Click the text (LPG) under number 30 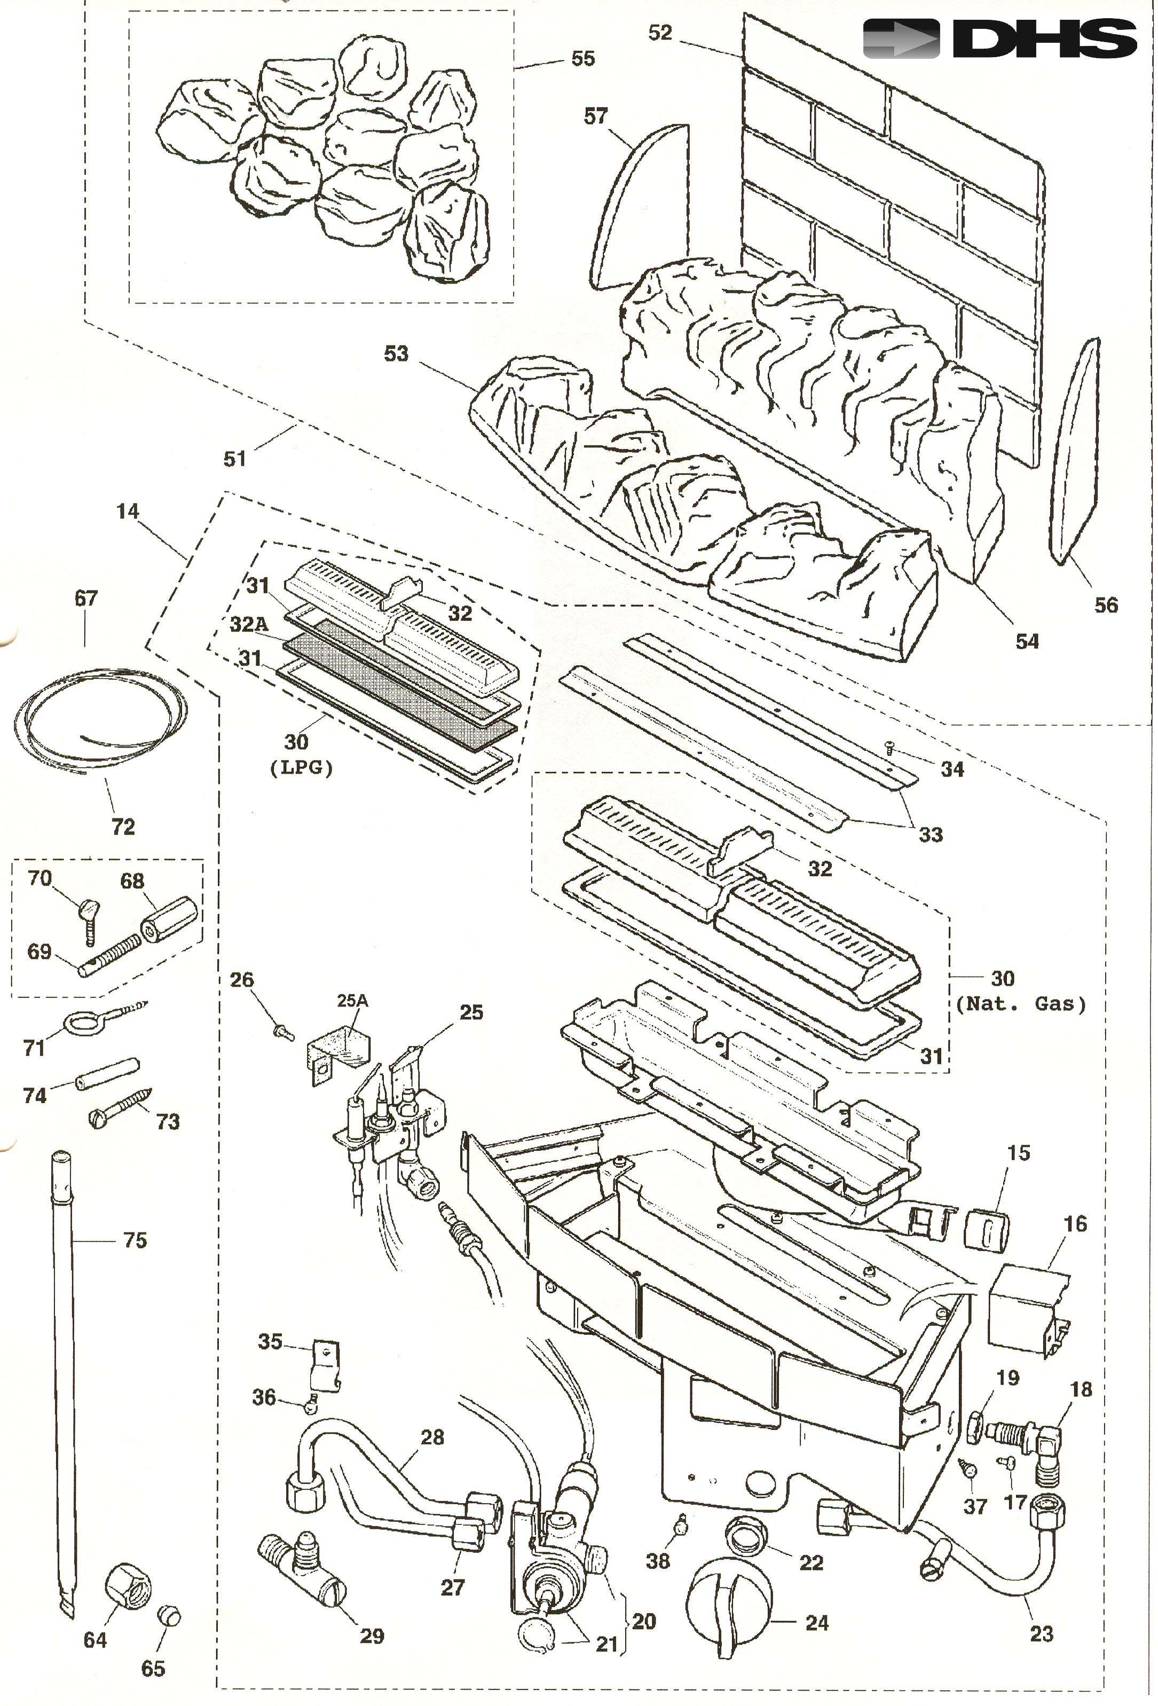click(302, 768)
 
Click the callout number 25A click(352, 1001)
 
